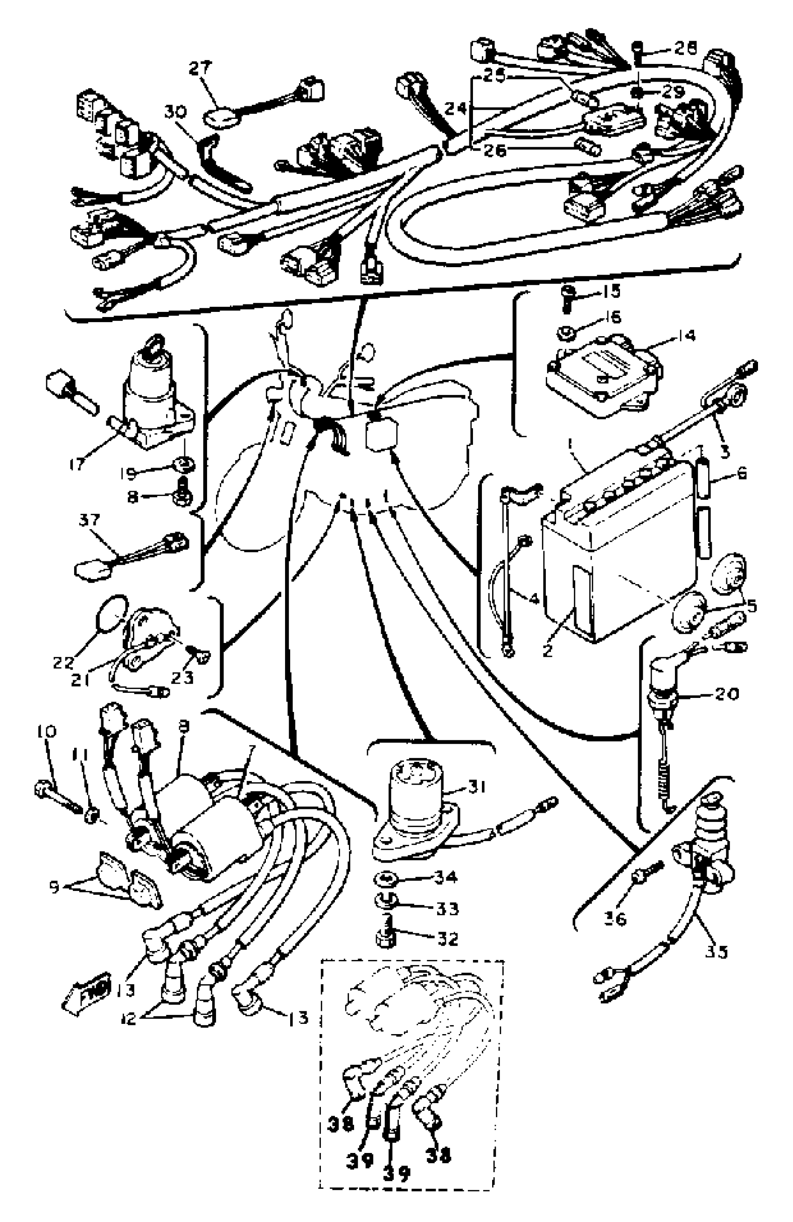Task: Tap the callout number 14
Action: pos(686,336)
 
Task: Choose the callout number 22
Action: pos(64,663)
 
